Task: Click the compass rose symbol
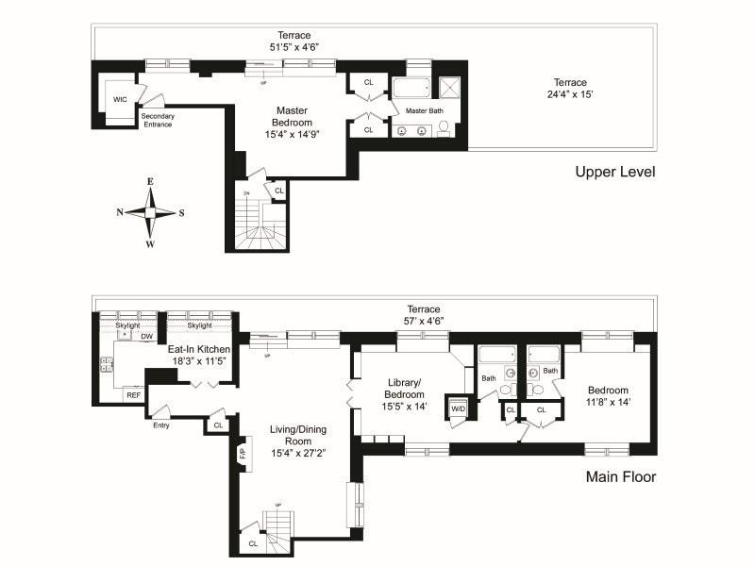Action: pyautogui.click(x=150, y=212)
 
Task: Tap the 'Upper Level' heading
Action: pyautogui.click(x=615, y=172)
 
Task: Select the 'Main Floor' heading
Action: pyautogui.click(x=620, y=476)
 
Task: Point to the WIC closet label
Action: pyautogui.click(x=120, y=99)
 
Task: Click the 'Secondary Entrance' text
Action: pyautogui.click(x=157, y=120)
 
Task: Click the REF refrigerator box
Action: pyautogui.click(x=132, y=395)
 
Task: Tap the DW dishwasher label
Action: pyautogui.click(x=146, y=336)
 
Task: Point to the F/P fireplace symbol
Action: pyautogui.click(x=242, y=454)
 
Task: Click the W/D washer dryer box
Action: pyautogui.click(x=458, y=408)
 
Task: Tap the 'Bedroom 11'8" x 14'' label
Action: pyautogui.click(x=608, y=396)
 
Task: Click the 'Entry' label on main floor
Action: pyautogui.click(x=161, y=425)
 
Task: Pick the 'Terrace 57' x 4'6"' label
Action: pyautogui.click(x=424, y=315)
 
